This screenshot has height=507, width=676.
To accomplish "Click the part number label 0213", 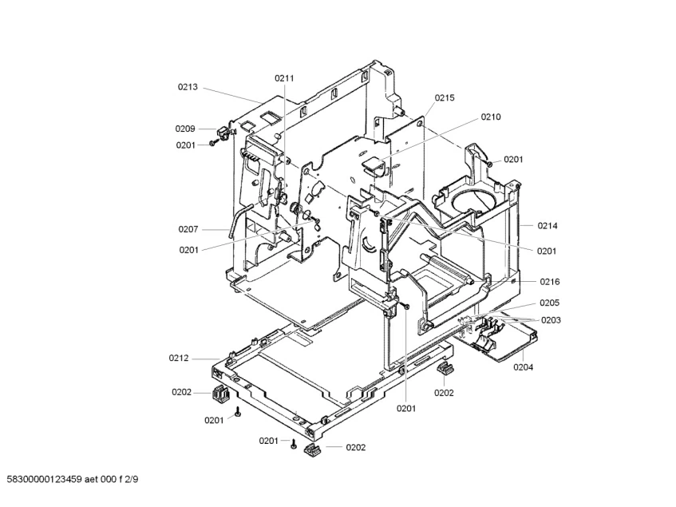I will pyautogui.click(x=188, y=87).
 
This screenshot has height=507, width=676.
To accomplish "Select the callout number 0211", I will pyautogui.click(x=284, y=78).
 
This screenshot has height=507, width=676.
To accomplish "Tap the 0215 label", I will pyautogui.click(x=445, y=97).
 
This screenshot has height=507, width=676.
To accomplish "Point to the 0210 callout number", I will pyautogui.click(x=491, y=117).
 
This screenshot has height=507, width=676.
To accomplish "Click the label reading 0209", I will pyautogui.click(x=185, y=129).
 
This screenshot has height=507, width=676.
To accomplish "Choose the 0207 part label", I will pyautogui.click(x=188, y=229).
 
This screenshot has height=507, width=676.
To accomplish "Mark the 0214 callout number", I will pyautogui.click(x=548, y=226).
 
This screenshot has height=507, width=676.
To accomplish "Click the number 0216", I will pyautogui.click(x=549, y=282).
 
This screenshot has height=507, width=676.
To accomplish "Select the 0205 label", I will pyautogui.click(x=549, y=303).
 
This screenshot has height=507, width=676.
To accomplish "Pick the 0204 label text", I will pyautogui.click(x=524, y=367).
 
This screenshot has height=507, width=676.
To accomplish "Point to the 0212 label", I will pyautogui.click(x=179, y=358).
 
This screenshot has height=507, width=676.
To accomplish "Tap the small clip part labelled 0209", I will pyautogui.click(x=224, y=130).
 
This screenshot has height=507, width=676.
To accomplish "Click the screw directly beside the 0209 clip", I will pyautogui.click(x=213, y=143).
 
